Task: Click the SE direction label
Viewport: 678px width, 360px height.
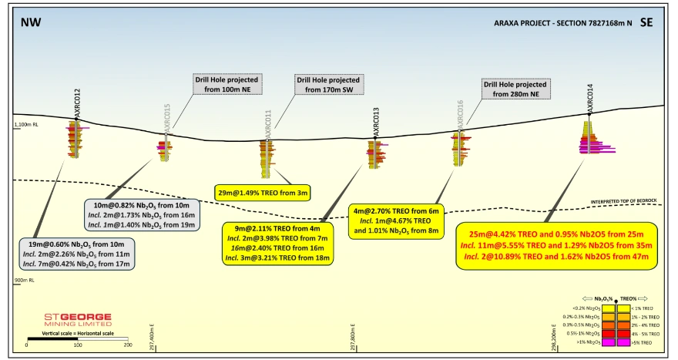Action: click(x=646, y=22)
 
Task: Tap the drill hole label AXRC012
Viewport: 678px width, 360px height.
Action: click(x=77, y=105)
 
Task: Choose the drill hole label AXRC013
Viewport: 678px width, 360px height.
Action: click(x=376, y=121)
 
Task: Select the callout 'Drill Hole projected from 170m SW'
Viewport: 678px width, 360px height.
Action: click(x=328, y=84)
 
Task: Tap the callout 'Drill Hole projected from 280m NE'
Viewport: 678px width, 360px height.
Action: click(x=514, y=89)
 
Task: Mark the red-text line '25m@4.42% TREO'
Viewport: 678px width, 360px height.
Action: click(x=561, y=233)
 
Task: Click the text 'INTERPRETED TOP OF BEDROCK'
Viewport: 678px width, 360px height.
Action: click(x=624, y=201)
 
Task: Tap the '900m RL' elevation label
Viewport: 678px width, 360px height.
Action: click(x=25, y=280)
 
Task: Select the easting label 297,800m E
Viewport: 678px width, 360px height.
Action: click(x=353, y=335)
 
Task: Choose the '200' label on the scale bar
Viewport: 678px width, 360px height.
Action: click(x=127, y=344)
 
